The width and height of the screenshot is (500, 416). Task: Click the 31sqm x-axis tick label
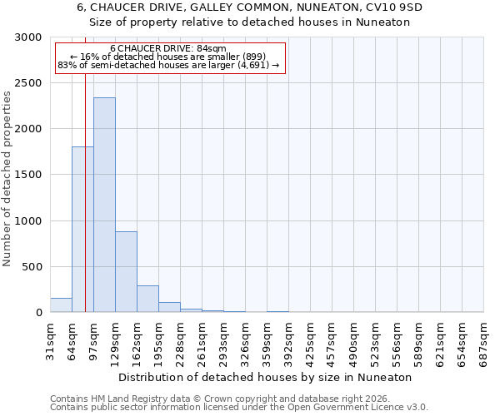pyautogui.click(x=50, y=339)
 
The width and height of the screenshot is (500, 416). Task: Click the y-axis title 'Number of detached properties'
pyautogui.click(x=7, y=179)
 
